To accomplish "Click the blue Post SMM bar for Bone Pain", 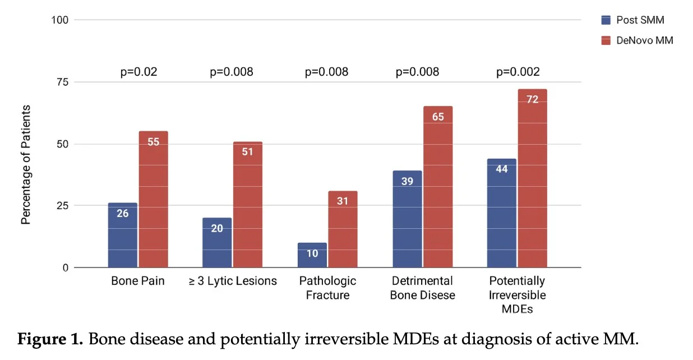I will (x=122, y=235).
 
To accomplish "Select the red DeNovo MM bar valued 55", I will (x=153, y=199).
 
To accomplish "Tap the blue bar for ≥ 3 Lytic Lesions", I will (x=216, y=242).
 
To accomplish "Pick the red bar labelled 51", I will (x=247, y=204).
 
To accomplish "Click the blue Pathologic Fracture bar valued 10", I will (x=312, y=255).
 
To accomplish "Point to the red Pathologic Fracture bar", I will (x=343, y=229).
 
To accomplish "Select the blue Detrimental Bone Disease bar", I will (x=407, y=219).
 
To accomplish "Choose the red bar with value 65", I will (x=438, y=187).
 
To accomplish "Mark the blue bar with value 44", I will (x=502, y=213).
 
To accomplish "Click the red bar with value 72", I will (x=532, y=178).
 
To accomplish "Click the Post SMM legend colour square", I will (x=605, y=20).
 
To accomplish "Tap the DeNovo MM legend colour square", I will (x=605, y=40).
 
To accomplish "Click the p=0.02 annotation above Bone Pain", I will (x=139, y=72).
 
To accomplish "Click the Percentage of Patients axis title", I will (x=26, y=164).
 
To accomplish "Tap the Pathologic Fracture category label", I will (x=327, y=287).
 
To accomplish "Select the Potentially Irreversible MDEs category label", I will (x=517, y=294).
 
